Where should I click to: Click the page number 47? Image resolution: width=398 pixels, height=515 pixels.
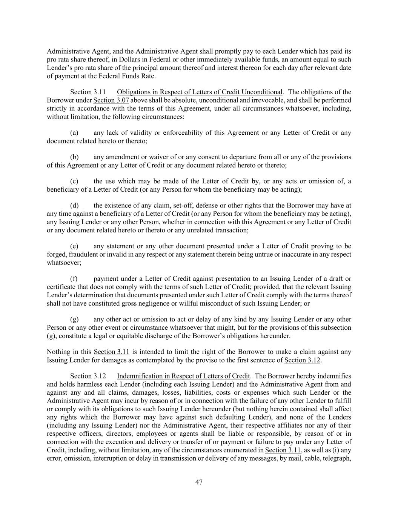click(x=199, y=482)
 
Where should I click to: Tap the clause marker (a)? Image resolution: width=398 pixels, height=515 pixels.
click(x=74, y=133)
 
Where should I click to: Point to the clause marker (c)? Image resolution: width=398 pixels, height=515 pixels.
click(x=74, y=181)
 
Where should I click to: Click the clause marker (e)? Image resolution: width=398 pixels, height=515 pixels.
click(x=74, y=246)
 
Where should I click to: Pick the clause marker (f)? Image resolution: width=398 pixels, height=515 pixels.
click(x=74, y=279)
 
